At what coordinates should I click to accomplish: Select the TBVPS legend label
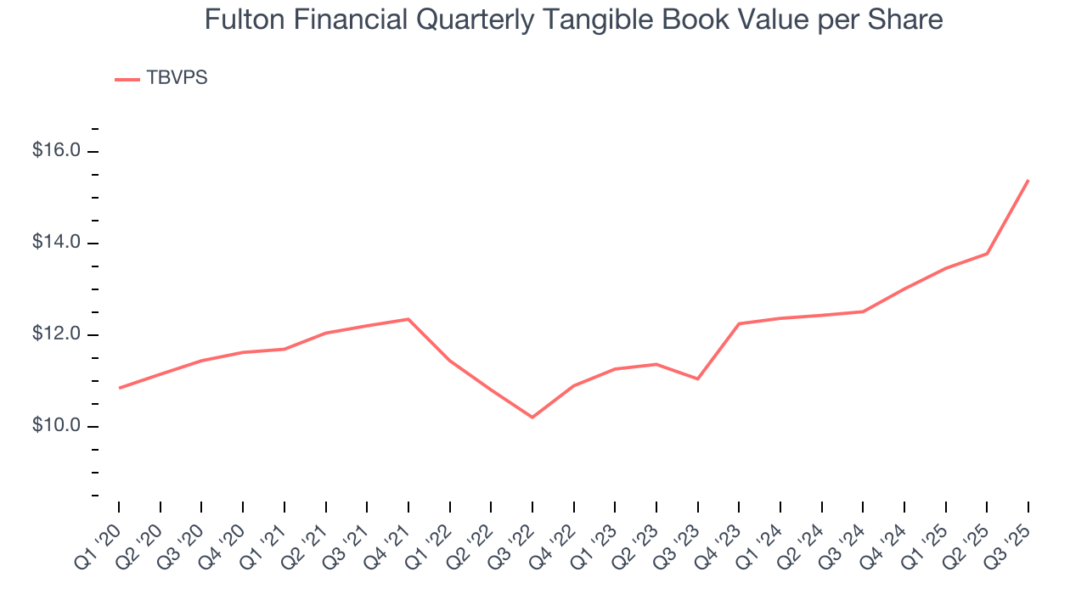[x=177, y=78]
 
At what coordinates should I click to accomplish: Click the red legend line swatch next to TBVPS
[x=127, y=80]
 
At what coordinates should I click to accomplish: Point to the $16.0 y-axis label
[x=56, y=151]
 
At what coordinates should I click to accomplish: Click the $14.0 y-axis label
[x=56, y=243]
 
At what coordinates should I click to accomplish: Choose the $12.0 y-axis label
[x=56, y=334]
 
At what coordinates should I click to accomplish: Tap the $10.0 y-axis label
[x=56, y=426]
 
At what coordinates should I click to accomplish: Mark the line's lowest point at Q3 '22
[x=532, y=418]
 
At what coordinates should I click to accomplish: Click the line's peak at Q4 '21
[x=408, y=319]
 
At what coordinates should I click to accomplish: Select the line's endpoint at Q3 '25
[x=1028, y=180]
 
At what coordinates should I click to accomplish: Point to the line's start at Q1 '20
[x=119, y=388]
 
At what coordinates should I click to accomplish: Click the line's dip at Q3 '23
[x=697, y=378]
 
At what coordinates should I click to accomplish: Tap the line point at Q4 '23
[x=739, y=323]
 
